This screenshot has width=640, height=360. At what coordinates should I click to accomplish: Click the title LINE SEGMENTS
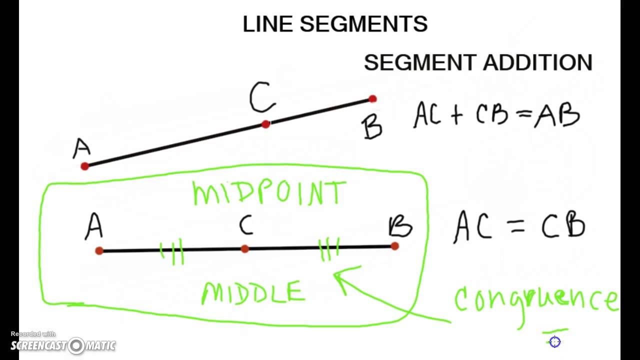click(335, 24)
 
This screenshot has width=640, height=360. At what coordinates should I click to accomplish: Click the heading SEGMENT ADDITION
click(478, 63)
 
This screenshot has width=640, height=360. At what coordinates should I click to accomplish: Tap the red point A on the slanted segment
click(84, 166)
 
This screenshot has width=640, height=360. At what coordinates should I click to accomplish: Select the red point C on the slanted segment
click(265, 124)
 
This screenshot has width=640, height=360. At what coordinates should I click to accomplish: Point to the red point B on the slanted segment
click(372, 99)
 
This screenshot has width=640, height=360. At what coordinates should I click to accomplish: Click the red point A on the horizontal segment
click(99, 250)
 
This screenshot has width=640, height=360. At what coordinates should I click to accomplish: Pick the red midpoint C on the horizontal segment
click(244, 248)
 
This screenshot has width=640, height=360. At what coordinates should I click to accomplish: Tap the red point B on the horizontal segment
click(395, 246)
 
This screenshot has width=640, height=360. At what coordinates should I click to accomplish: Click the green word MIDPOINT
click(269, 193)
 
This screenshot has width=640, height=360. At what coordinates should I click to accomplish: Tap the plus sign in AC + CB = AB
click(457, 115)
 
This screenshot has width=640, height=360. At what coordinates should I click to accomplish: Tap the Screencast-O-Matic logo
click(63, 345)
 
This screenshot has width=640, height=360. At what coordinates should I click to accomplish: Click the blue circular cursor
click(554, 342)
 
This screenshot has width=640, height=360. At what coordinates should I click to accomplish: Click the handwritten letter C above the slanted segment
click(262, 98)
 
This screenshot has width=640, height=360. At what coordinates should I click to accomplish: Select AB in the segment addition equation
click(556, 115)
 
